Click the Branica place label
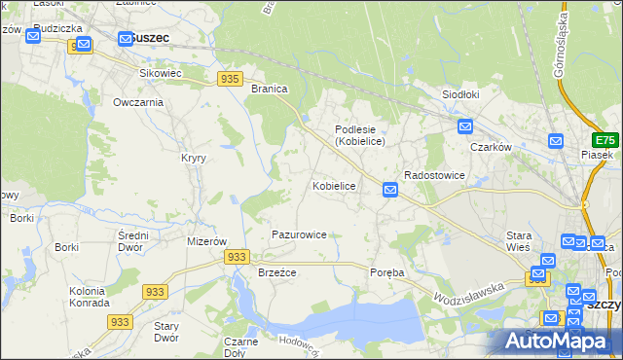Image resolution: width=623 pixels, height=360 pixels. [x=269, y=89]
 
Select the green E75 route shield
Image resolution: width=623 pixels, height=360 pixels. [x=607, y=139]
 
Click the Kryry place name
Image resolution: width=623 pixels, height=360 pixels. [x=192, y=158]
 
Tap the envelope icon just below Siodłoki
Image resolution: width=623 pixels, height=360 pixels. [x=465, y=126]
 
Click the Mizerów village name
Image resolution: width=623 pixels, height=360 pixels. [x=206, y=241]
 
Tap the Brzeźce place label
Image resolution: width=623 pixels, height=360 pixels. [x=276, y=273]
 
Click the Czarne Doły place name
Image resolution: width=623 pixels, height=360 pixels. [x=240, y=347]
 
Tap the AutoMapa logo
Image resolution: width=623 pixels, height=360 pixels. [x=557, y=342]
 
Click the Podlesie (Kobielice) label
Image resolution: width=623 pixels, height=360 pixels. [x=360, y=135]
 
